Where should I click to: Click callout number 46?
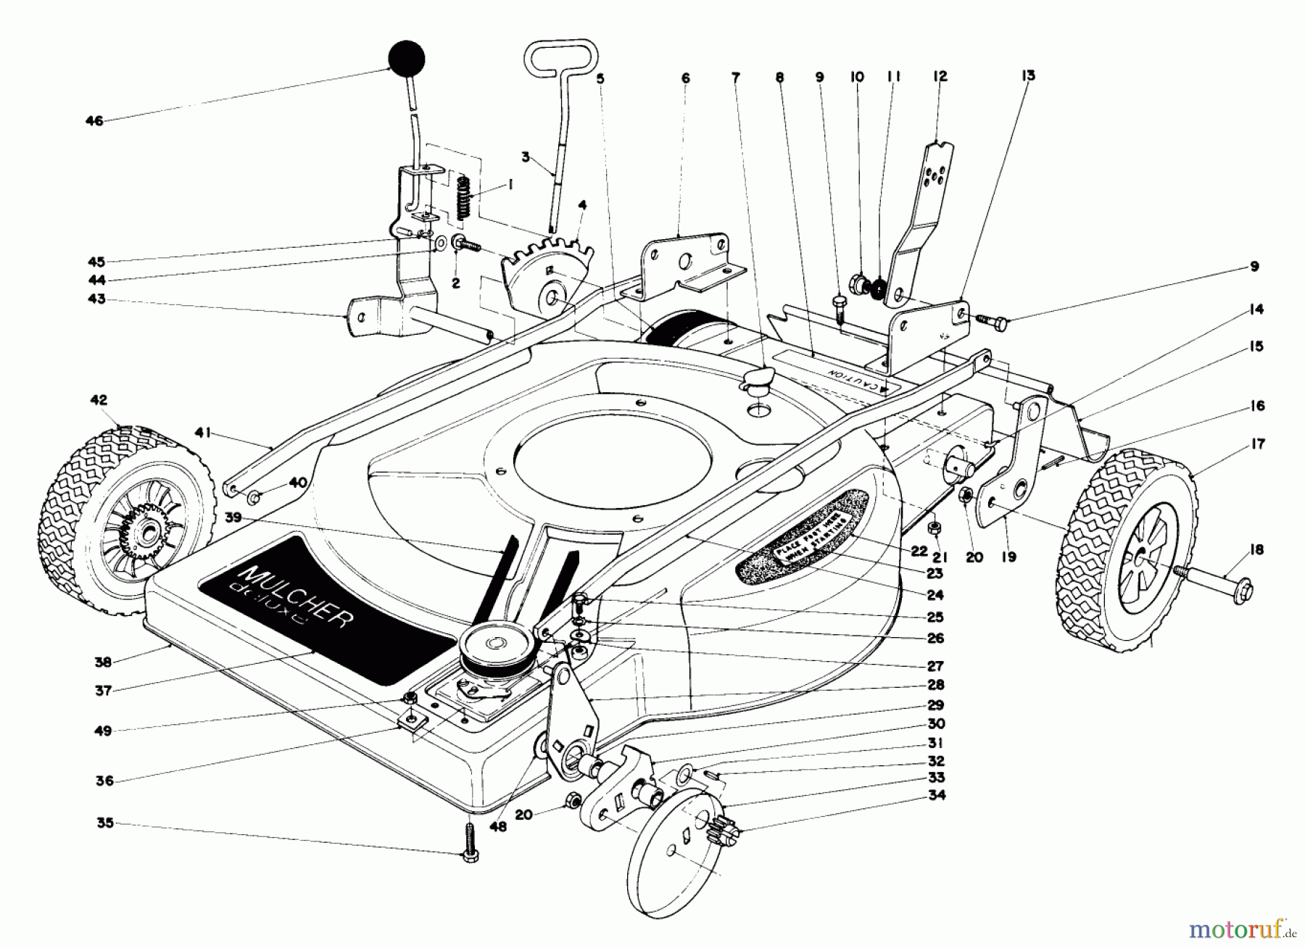[94, 121]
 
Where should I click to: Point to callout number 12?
[940, 76]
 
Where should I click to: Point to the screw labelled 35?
[471, 842]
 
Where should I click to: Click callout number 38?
[103, 661]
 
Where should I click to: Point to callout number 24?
[935, 595]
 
